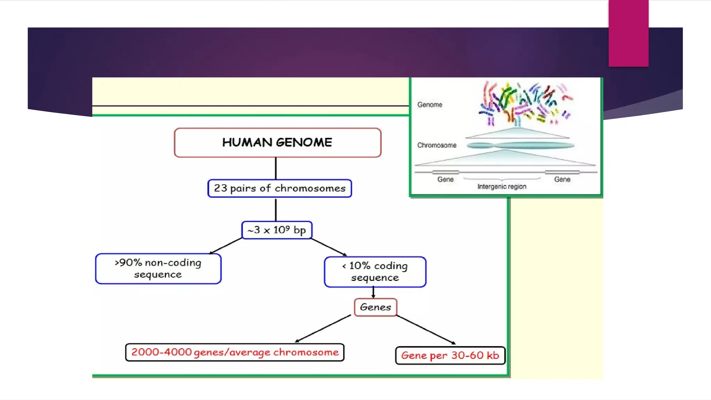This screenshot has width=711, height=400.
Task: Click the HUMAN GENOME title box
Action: click(277, 143)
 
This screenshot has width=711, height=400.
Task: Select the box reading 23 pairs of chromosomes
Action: click(279, 188)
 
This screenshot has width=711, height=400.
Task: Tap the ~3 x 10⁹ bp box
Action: click(277, 230)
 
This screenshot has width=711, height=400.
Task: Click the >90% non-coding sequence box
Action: click(158, 268)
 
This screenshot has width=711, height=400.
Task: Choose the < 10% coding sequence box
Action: click(375, 272)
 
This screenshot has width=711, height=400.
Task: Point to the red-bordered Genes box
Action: click(375, 307)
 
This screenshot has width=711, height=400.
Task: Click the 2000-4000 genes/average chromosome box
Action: click(235, 352)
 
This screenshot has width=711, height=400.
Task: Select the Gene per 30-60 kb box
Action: click(450, 355)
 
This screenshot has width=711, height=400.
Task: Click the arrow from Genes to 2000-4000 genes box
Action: click(323, 328)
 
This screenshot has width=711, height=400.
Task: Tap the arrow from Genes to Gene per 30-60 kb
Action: click(426, 330)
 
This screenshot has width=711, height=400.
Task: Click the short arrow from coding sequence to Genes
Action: click(373, 292)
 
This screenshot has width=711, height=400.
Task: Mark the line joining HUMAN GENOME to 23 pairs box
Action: click(276, 168)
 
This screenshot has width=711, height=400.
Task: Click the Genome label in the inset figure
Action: click(429, 105)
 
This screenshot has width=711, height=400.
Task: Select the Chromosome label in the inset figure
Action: click(437, 145)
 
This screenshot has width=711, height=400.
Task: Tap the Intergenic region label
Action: click(502, 186)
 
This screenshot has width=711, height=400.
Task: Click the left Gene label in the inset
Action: click(445, 179)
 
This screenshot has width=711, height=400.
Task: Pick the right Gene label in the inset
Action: click(562, 179)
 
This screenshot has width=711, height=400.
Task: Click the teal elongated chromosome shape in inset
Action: click(521, 145)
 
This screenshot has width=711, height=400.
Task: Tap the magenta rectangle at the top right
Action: click(628, 33)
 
